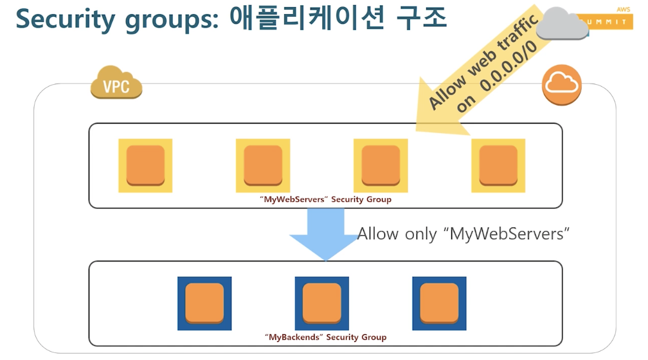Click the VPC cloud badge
coord(116,84)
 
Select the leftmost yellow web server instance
coord(145,165)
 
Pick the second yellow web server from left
coord(263,165)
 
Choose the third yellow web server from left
coord(381,165)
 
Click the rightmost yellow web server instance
coord(498,165)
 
